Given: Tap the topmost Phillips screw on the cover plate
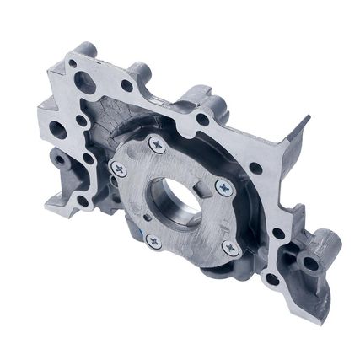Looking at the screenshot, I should pyautogui.click(x=156, y=145).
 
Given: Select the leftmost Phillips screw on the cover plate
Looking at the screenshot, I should pyautogui.click(x=119, y=169).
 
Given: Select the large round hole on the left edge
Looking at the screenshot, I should pyautogui.click(x=58, y=129).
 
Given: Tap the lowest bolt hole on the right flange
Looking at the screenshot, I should pyautogui.click(x=271, y=279).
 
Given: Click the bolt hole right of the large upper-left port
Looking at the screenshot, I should pyautogui.click(x=126, y=85).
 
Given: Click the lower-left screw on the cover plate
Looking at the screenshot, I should pyautogui.click(x=153, y=241).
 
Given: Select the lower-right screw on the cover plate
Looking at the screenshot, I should pyautogui.click(x=228, y=247).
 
